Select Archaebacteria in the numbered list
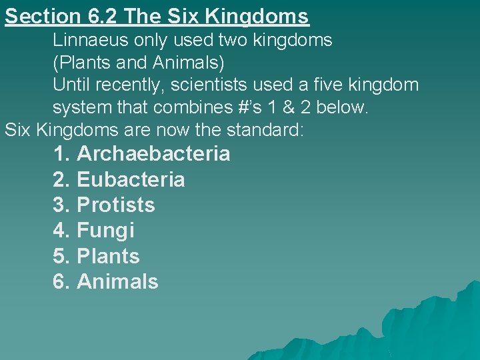(x=153, y=154)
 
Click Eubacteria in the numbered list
(x=131, y=179)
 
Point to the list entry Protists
(x=116, y=205)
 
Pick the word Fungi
(x=105, y=231)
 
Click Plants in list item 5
(x=108, y=256)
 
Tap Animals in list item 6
(x=117, y=281)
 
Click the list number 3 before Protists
(x=61, y=205)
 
